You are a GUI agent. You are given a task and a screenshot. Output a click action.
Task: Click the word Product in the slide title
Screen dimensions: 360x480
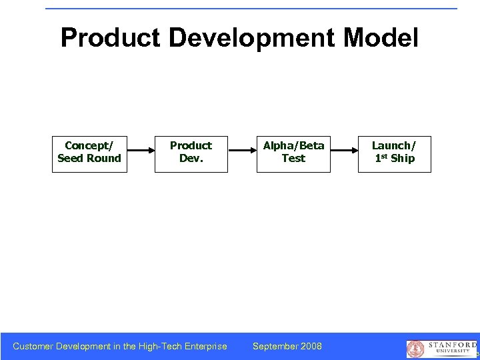(110, 38)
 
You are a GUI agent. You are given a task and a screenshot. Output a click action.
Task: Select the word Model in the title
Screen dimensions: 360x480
(381, 38)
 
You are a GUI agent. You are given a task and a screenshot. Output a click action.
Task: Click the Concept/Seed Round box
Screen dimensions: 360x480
(89, 154)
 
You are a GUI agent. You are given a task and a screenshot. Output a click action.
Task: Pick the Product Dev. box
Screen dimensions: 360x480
(191, 154)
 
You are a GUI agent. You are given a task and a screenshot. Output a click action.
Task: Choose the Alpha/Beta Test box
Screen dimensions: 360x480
(293, 154)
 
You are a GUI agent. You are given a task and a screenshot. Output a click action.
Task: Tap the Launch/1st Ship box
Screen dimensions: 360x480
(394, 154)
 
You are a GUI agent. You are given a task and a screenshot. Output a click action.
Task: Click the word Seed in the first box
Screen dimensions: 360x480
(71, 159)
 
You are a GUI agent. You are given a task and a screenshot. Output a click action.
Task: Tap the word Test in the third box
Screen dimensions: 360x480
(293, 159)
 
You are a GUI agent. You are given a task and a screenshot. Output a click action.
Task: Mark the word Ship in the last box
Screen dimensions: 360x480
(403, 159)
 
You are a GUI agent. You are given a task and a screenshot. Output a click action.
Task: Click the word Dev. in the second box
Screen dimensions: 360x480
(191, 159)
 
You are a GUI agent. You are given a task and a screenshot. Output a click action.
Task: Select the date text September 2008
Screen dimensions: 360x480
(287, 346)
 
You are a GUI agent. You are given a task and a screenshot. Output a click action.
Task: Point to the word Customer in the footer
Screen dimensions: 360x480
(33, 346)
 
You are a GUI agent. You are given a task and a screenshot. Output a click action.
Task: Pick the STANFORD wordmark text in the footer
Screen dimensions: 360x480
(452, 345)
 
